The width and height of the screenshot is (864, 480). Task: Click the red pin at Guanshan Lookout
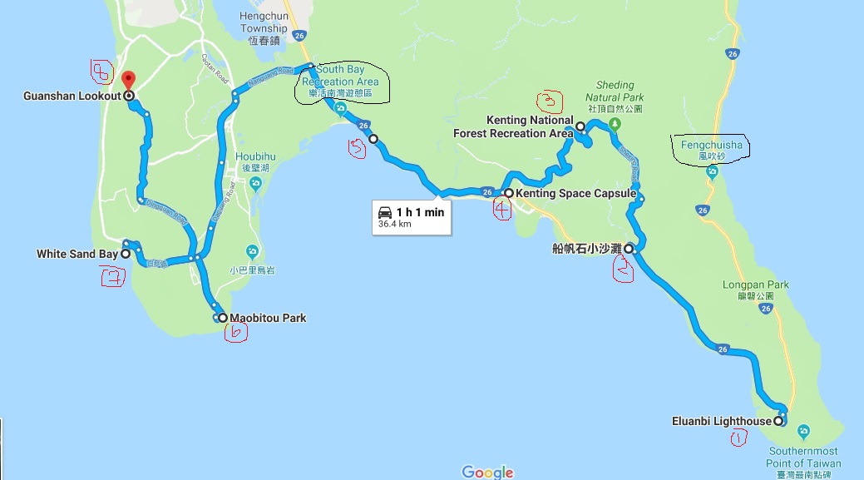click(128, 81)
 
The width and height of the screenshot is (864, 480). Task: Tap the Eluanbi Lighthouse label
click(721, 421)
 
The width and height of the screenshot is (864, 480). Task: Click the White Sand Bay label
click(77, 254)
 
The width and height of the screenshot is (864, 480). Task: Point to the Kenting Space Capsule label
click(575, 194)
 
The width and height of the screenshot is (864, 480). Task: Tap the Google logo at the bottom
click(487, 472)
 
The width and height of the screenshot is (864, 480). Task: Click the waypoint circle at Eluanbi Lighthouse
click(778, 421)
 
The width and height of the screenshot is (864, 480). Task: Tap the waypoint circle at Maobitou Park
click(222, 318)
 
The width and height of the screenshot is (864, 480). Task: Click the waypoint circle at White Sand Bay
click(126, 254)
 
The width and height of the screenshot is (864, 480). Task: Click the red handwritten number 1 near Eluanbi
click(736, 439)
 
